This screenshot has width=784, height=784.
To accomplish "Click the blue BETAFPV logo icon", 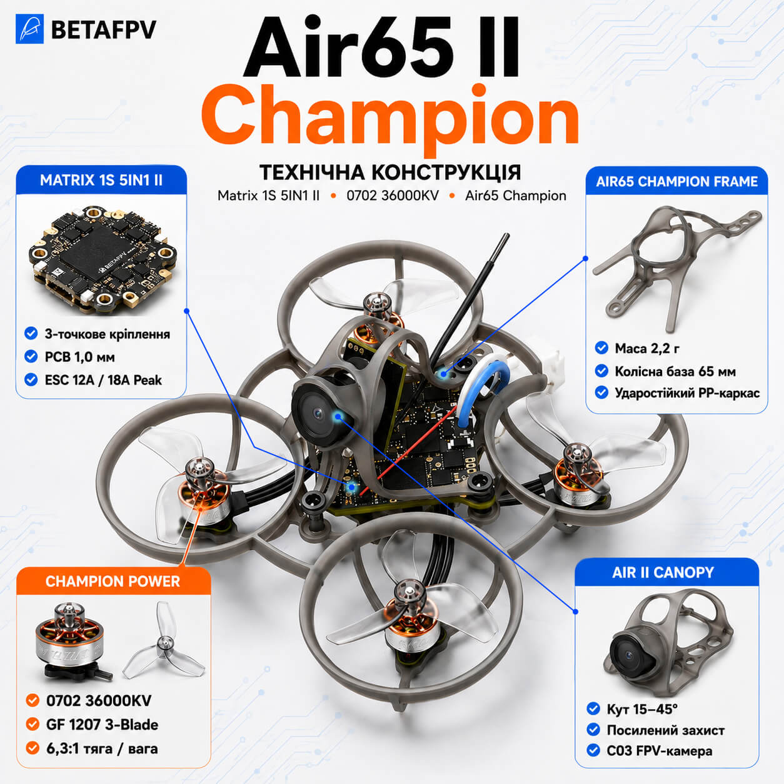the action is [30, 29].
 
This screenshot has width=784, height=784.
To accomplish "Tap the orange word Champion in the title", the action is [389, 118].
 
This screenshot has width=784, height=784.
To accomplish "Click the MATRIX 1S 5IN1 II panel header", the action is [101, 180].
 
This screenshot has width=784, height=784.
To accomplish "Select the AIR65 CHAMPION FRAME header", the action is [676, 181].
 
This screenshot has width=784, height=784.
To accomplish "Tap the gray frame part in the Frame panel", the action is [676, 266].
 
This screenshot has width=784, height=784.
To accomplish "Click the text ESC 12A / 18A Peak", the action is [103, 380].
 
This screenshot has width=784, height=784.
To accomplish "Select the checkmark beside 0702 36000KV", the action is [32, 701].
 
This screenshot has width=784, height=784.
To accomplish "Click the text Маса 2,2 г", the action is [647, 349].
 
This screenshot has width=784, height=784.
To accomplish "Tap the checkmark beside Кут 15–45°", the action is [593, 709].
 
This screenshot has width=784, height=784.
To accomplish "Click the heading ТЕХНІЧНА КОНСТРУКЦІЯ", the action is [390, 173].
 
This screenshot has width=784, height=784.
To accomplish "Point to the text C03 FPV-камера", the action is [659, 751].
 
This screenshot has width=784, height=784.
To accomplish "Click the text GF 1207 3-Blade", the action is [102, 725].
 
